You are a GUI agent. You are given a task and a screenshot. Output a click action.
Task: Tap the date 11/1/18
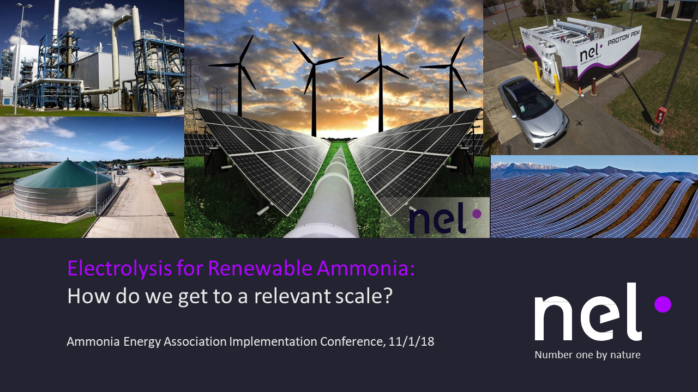pyautogui.click(x=412, y=342)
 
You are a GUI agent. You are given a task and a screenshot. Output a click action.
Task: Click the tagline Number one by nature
pyautogui.click(x=587, y=355)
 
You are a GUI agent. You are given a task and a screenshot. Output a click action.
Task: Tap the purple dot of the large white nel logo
pyautogui.click(x=663, y=304)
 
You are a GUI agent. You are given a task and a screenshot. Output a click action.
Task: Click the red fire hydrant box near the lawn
pyautogui.click(x=660, y=115)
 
